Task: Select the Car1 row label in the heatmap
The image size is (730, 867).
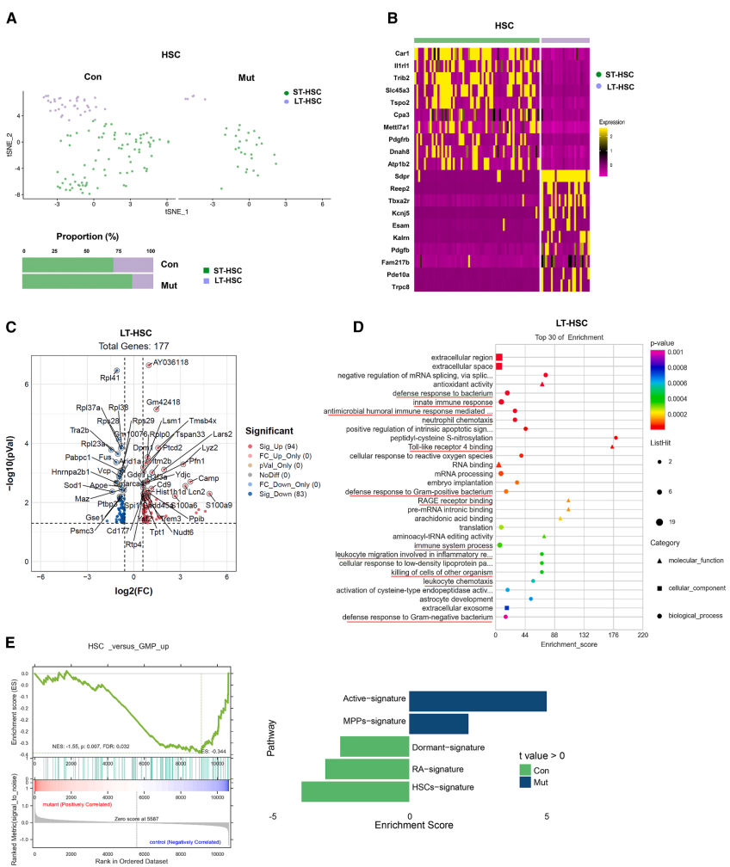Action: tap(398, 53)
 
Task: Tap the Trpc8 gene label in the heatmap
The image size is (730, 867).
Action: tap(395, 285)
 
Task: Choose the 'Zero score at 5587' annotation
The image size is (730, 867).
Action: tap(121, 820)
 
